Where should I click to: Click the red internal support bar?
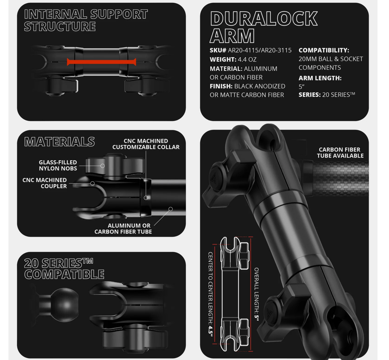point(101,62)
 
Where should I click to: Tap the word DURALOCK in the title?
point(264,18)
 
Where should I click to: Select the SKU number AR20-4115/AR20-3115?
point(260,50)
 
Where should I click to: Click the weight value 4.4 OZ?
point(247,59)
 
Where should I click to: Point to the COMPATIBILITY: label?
point(324,50)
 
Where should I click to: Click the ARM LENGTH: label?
point(320,78)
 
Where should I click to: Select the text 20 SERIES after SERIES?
point(338,95)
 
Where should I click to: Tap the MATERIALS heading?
point(59,142)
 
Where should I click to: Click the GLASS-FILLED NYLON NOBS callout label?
point(58,165)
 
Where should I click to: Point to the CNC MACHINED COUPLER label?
point(45,183)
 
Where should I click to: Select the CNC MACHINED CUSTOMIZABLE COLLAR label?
point(146,144)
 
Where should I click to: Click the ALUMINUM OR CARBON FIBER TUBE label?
point(123,228)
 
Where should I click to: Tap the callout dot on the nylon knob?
point(102,166)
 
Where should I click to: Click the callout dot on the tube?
point(171,209)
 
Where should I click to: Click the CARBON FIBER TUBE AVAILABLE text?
point(340,153)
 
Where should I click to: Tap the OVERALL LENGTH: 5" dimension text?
point(257,295)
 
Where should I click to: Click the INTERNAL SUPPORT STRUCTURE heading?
point(86,20)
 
